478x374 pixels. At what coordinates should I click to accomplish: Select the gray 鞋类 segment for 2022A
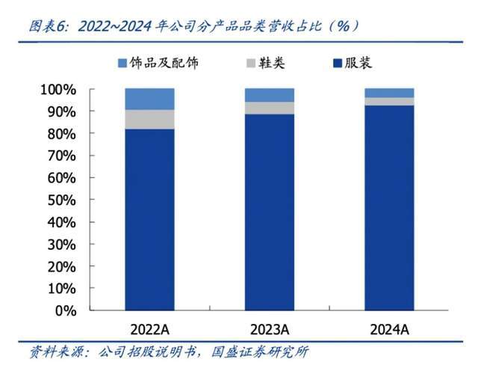[x=149, y=120]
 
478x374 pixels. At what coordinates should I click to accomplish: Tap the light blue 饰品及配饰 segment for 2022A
[x=149, y=99]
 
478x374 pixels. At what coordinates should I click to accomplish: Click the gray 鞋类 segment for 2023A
[x=270, y=108]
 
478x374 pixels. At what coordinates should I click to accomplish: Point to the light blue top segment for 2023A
[x=270, y=95]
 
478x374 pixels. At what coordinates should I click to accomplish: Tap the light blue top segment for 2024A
[x=389, y=93]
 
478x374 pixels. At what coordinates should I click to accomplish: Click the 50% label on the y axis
[x=60, y=200]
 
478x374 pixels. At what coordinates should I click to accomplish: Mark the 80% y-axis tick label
[x=60, y=134]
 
